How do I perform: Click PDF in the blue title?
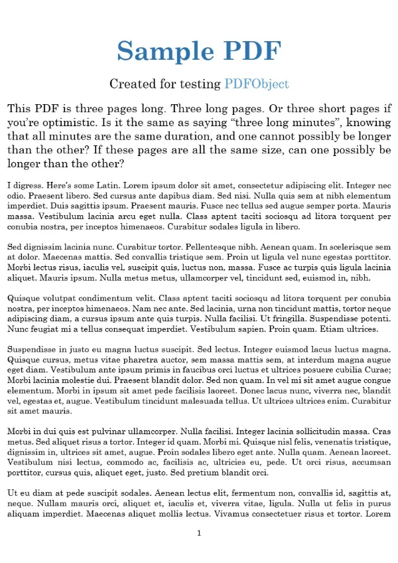[x=249, y=50]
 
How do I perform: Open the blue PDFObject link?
[x=256, y=84]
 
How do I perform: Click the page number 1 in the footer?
[x=199, y=533]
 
